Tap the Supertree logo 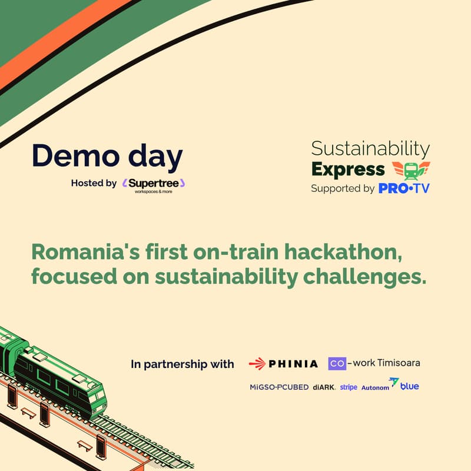tap(154, 184)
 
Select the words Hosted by tap(94, 183)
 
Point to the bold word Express tap(347, 170)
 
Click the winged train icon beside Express tap(410, 170)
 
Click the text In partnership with tap(183, 364)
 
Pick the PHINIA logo tap(284, 364)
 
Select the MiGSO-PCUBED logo tap(279, 387)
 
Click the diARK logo tap(324, 387)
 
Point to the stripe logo tap(349, 387)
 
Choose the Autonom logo tap(376, 387)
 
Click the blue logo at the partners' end tap(407, 386)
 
